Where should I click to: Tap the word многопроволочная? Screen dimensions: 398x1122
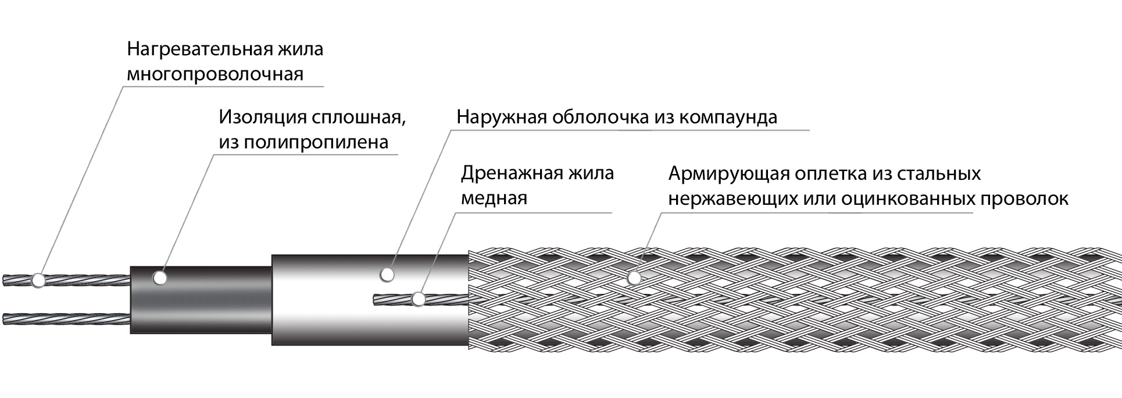[x=215, y=75]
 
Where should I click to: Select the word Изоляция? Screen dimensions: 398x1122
[x=262, y=117]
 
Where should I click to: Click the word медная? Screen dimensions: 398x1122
[x=494, y=198]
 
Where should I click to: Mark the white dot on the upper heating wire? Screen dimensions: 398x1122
[x=38, y=280]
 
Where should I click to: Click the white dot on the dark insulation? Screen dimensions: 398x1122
[x=160, y=278]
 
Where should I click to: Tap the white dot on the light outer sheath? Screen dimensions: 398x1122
[x=387, y=273]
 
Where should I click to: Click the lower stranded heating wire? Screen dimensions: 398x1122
[x=64, y=319]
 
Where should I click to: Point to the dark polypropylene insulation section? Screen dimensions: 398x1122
[x=201, y=303]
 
